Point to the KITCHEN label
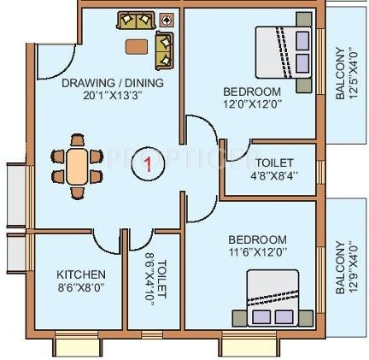[x=81, y=274]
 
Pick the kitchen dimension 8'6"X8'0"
[x=81, y=287]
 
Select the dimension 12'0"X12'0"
[x=252, y=103]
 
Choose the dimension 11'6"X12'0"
[x=257, y=251]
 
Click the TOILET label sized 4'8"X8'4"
[x=274, y=162]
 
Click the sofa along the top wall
[x=133, y=21]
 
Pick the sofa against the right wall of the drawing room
[x=164, y=51]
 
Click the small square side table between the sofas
[x=166, y=19]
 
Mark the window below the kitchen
[x=79, y=345]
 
